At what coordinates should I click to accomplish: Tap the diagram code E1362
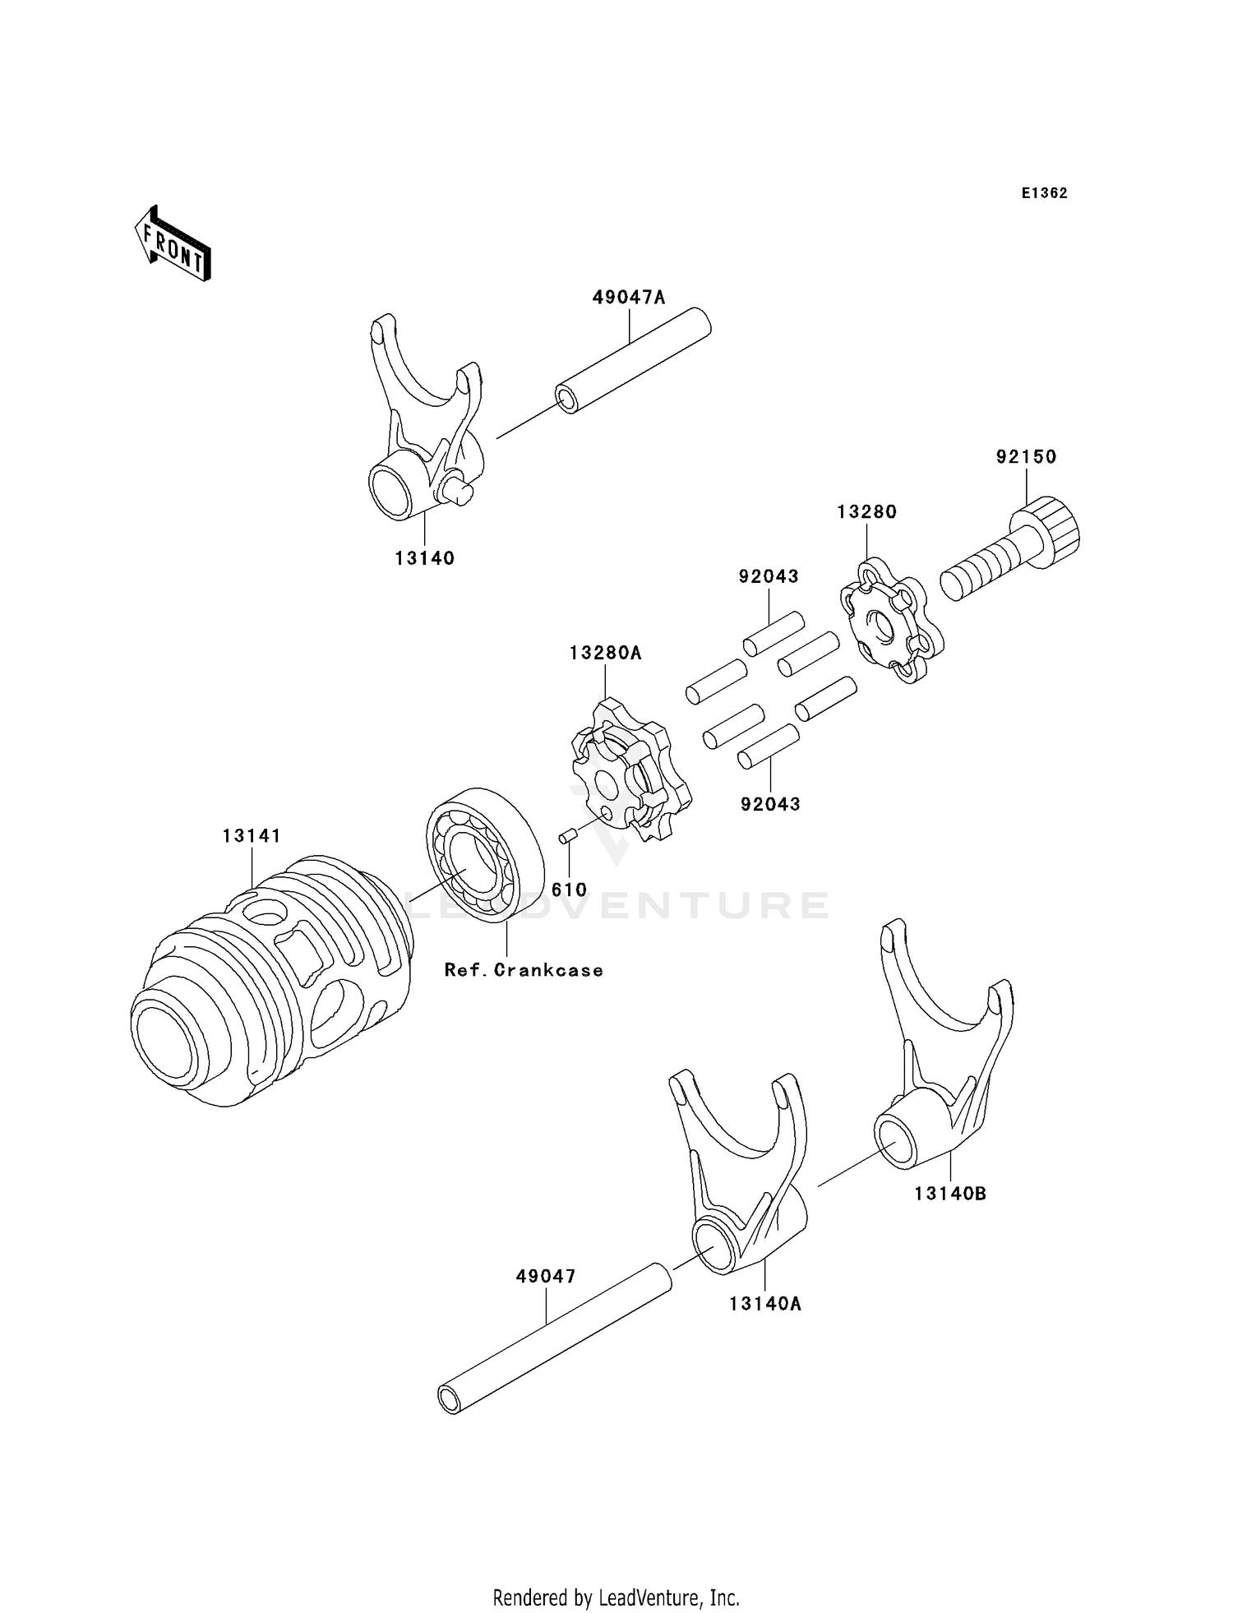click(x=1045, y=193)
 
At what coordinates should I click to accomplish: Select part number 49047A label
click(x=629, y=298)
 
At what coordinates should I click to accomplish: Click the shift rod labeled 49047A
click(x=633, y=360)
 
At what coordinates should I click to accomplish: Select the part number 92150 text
click(x=1026, y=457)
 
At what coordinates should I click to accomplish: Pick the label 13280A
click(x=606, y=654)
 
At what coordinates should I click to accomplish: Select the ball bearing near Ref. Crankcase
click(x=485, y=855)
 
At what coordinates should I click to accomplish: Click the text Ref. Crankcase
click(x=524, y=970)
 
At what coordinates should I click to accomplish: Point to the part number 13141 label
click(x=252, y=836)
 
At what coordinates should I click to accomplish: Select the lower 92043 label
click(x=770, y=804)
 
